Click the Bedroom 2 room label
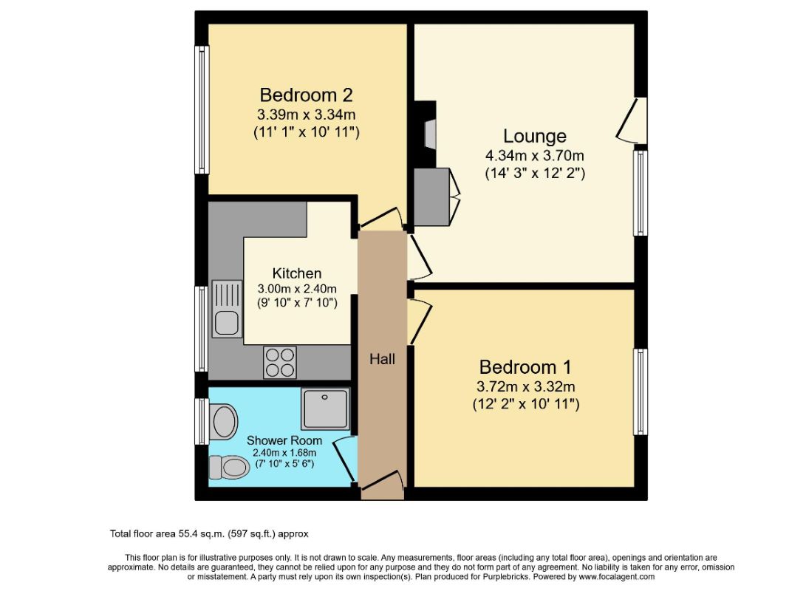coord(306,95)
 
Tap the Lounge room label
coord(535,137)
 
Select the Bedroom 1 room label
coord(525,367)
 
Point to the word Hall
coord(383,359)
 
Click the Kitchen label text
coord(297,273)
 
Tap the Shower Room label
coord(284,440)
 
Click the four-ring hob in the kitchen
coord(280,363)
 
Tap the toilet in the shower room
coord(229,468)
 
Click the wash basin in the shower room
coord(224,422)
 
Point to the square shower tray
coord(325,409)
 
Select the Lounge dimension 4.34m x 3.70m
coord(535,156)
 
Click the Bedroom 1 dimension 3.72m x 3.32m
coord(525,387)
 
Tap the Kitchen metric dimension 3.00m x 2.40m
coord(297,289)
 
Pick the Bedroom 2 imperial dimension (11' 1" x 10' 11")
coord(306,132)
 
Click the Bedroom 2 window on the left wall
coord(202,109)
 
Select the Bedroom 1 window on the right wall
coord(641,392)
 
